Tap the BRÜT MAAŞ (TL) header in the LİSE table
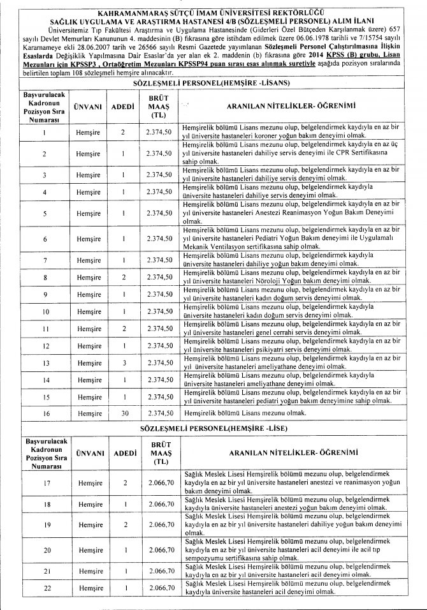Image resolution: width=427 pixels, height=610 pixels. click(x=160, y=453)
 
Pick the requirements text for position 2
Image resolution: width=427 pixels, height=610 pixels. click(x=292, y=154)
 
